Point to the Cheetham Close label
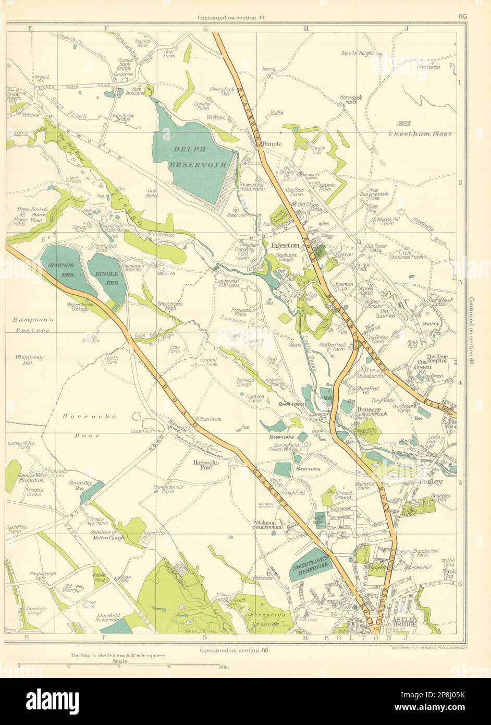point(417,134)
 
